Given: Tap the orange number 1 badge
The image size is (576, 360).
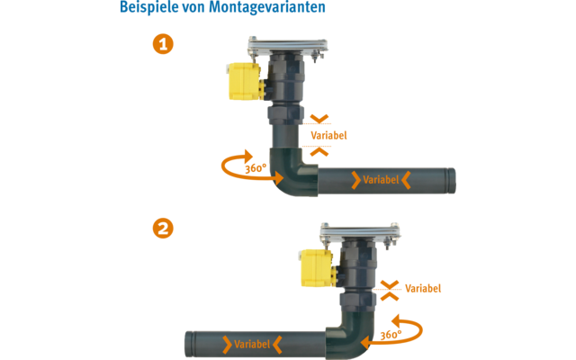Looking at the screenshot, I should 163,45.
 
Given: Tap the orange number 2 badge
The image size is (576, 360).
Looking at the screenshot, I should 163,229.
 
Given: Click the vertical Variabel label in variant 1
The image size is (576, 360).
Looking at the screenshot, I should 328,135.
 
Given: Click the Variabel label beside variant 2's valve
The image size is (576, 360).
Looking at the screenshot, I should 423,289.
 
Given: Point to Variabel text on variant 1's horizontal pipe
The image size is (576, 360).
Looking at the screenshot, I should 382,180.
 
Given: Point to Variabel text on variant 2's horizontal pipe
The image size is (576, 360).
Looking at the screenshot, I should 252,344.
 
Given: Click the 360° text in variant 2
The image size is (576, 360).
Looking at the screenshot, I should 391,335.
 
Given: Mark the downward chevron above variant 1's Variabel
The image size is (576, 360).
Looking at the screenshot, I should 319,118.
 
